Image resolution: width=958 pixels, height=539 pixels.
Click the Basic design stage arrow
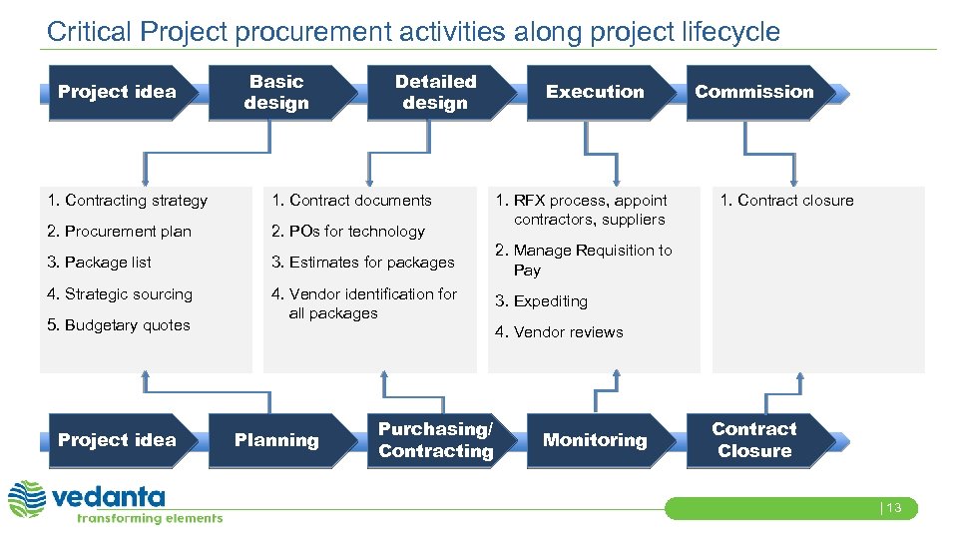click(277, 92)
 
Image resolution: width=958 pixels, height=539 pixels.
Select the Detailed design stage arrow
click(436, 92)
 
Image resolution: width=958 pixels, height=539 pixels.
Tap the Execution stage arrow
click(596, 92)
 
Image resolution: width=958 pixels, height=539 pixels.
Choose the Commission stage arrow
click(754, 92)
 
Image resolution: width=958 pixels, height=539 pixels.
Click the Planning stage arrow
click(277, 440)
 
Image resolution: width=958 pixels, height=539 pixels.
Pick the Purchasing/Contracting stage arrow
click(436, 440)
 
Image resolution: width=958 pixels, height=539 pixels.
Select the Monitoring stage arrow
click(596, 440)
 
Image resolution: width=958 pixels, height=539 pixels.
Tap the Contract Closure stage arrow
click(754, 440)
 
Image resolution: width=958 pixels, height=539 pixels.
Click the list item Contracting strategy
click(127, 201)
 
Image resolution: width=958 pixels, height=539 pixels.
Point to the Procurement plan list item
click(119, 232)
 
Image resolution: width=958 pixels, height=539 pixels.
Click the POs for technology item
click(348, 232)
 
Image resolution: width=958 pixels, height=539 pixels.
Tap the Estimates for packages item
click(363, 263)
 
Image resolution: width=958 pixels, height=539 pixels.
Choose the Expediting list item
click(542, 301)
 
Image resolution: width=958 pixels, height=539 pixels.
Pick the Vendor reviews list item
click(560, 332)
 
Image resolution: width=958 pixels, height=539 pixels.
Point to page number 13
click(891, 508)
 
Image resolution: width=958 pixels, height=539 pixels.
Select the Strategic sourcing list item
click(120, 294)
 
